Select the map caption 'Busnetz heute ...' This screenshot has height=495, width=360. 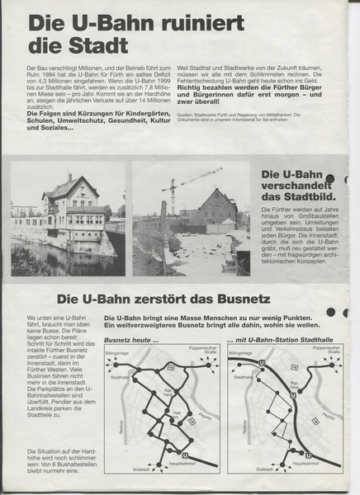tap(130, 337)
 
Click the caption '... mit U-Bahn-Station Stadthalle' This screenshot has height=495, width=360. tap(283, 337)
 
